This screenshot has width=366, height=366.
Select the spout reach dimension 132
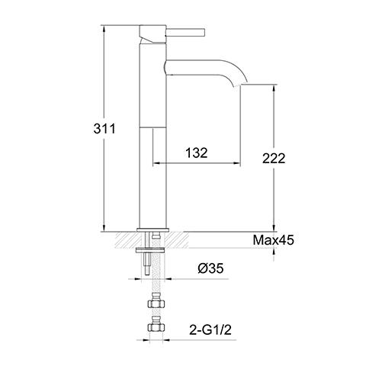[x=196, y=153]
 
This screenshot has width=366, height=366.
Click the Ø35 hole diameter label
[x=210, y=269]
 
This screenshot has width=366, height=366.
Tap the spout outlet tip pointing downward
[x=242, y=85]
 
